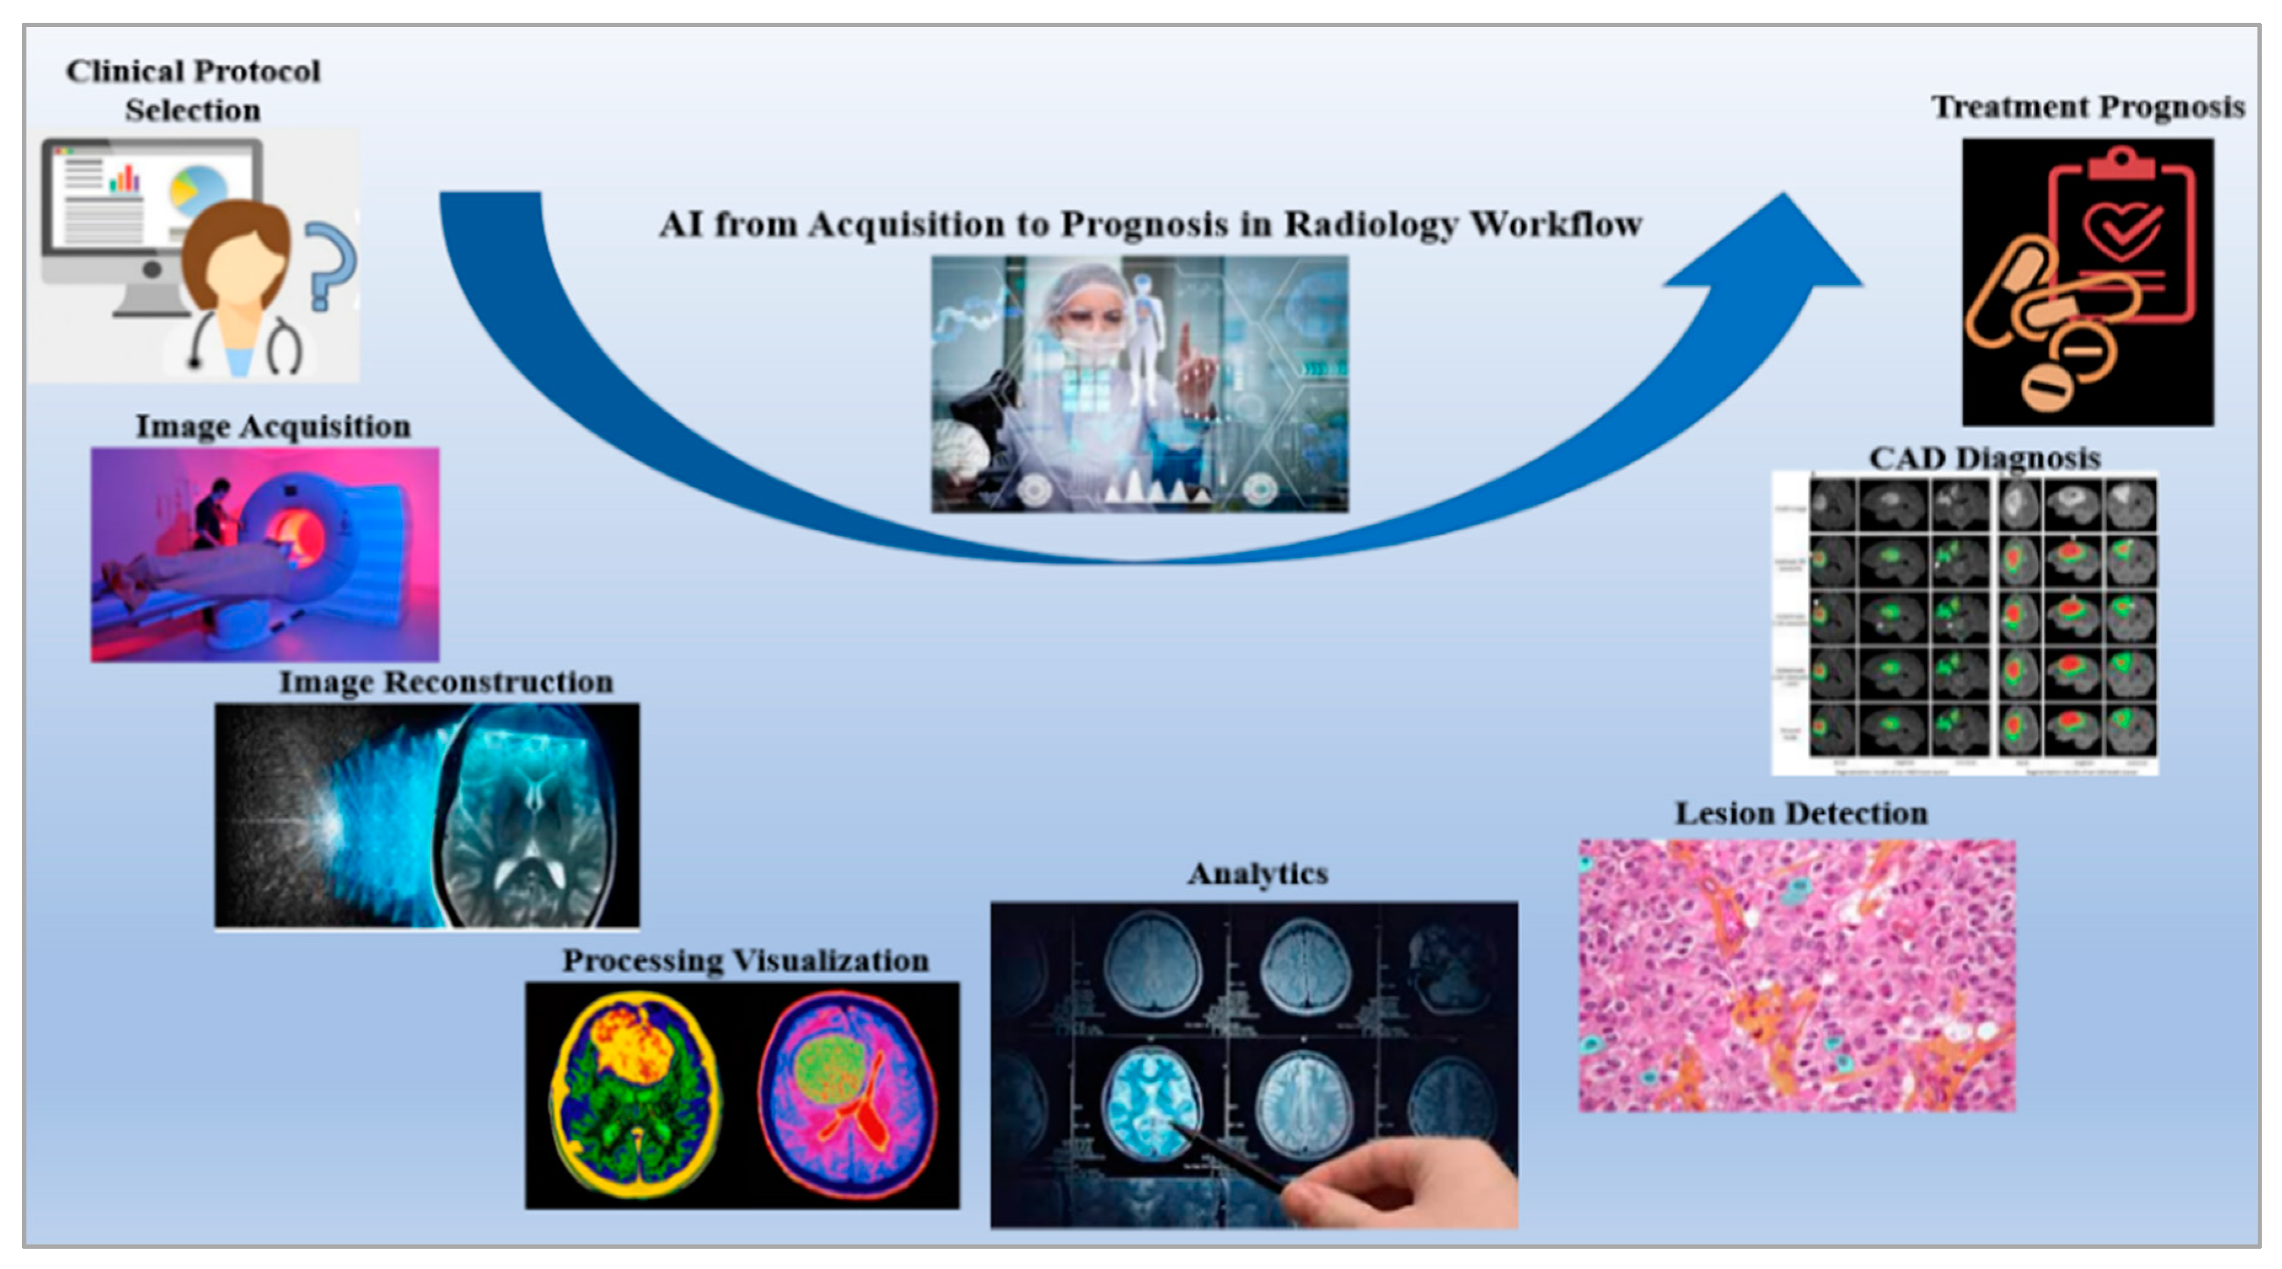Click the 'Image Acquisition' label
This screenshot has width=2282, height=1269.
273,426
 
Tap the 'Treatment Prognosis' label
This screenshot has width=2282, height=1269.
2087,106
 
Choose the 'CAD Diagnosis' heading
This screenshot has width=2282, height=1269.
1985,457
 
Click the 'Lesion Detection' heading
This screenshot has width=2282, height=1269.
1800,813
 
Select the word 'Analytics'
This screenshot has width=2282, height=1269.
1257,873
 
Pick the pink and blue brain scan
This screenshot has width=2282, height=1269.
847,1095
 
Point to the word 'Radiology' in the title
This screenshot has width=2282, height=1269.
1370,224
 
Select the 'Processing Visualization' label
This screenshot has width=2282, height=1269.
745,960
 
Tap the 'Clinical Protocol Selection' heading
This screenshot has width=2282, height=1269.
193,90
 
